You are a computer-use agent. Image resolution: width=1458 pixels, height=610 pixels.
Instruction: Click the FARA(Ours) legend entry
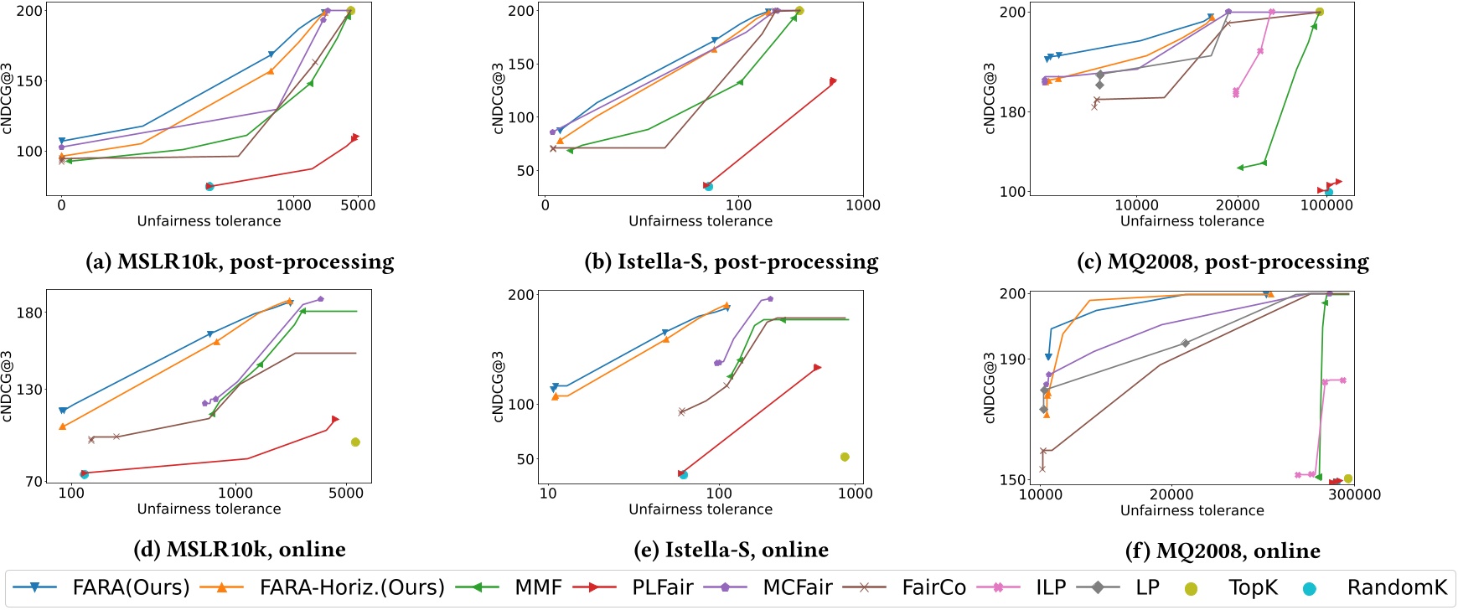click(x=131, y=587)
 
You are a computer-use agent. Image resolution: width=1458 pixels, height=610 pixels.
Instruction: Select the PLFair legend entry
click(x=662, y=587)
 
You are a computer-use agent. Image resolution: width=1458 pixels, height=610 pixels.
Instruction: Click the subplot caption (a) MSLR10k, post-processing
click(x=240, y=262)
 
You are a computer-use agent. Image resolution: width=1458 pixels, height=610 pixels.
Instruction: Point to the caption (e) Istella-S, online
click(x=731, y=550)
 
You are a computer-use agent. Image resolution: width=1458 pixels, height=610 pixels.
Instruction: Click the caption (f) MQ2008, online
click(x=1223, y=551)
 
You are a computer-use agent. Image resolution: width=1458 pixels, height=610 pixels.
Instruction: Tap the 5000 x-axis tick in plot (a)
click(x=358, y=205)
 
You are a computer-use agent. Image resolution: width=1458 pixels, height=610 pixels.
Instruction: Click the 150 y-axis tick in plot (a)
click(x=29, y=81)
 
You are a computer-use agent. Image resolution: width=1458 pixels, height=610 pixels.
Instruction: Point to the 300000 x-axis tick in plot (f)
click(x=1355, y=494)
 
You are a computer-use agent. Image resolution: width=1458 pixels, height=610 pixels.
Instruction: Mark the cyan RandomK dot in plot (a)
click(x=209, y=186)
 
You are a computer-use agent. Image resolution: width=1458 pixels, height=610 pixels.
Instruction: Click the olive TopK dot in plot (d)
click(x=355, y=442)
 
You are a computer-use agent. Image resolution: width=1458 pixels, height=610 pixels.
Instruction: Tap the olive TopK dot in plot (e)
click(x=845, y=457)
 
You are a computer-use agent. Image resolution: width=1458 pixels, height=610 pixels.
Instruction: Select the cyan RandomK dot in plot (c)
click(x=1329, y=193)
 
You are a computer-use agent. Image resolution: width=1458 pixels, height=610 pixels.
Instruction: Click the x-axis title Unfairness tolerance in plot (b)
click(x=701, y=221)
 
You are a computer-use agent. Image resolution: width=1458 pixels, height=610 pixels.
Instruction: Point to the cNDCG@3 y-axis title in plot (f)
click(x=990, y=387)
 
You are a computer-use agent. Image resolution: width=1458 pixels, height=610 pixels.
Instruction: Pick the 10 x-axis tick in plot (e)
click(x=548, y=494)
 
